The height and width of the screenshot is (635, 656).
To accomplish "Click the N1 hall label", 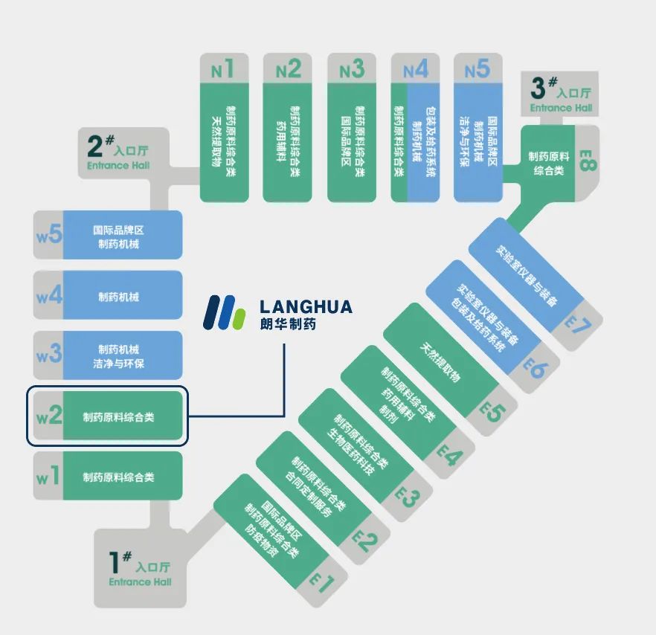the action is pyautogui.click(x=222, y=69).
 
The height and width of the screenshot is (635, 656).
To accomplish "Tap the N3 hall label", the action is pyautogui.click(x=352, y=69).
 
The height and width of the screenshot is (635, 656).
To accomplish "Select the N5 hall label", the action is pyautogui.click(x=477, y=69).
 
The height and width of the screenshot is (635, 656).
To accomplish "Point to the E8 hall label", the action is pyautogui.click(x=588, y=161).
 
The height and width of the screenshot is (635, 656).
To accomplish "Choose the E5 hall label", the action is pyautogui.click(x=492, y=412).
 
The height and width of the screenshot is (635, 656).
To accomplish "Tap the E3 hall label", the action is pyautogui.click(x=407, y=497).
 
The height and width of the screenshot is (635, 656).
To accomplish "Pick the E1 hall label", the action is pyautogui.click(x=322, y=583).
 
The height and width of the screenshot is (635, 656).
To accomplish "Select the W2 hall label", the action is pyautogui.click(x=49, y=416).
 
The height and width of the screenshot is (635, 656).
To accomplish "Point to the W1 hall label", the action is pyautogui.click(x=48, y=476).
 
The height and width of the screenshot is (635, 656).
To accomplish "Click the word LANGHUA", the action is pyautogui.click(x=306, y=307).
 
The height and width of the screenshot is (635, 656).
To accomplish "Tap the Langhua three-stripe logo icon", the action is pyautogui.click(x=224, y=312).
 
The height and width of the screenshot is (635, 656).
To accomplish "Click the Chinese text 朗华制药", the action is pyautogui.click(x=288, y=323).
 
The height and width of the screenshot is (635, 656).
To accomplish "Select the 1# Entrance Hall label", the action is pyautogui.click(x=140, y=569).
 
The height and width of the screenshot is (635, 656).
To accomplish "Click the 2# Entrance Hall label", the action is pyautogui.click(x=118, y=152).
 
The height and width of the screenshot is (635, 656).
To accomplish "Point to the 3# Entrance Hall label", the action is pyautogui.click(x=561, y=94).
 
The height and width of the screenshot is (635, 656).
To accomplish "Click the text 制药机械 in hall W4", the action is pyautogui.click(x=118, y=297).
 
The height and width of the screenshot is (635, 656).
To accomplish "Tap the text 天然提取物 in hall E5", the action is pyautogui.click(x=440, y=363).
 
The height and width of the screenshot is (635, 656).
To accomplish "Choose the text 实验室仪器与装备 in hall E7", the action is pyautogui.click(x=527, y=276).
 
